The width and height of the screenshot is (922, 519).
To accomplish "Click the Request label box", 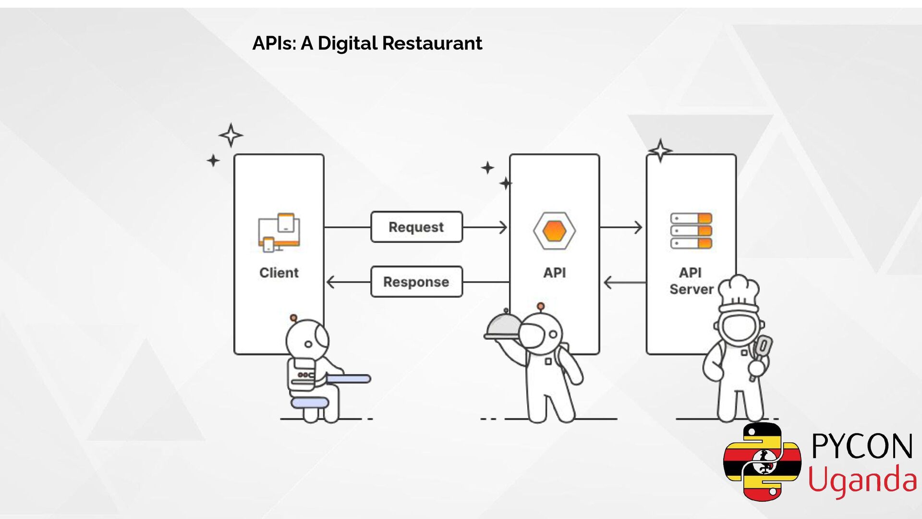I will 416,227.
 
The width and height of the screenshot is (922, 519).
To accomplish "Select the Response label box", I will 416,282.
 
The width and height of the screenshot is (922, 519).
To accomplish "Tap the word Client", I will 279,272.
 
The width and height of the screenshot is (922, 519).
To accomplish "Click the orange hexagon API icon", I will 554,231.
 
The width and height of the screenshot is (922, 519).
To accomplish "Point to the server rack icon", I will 691,231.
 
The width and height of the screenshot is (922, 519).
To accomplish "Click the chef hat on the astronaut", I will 739,292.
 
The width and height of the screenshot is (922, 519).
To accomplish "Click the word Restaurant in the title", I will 432,43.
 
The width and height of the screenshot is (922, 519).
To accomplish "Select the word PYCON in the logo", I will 862,446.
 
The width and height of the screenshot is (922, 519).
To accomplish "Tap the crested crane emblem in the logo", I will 762,462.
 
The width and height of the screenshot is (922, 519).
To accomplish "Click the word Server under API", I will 691,289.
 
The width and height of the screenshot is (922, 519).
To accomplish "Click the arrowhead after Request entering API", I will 503,227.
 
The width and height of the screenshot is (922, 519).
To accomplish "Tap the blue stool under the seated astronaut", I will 310,402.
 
